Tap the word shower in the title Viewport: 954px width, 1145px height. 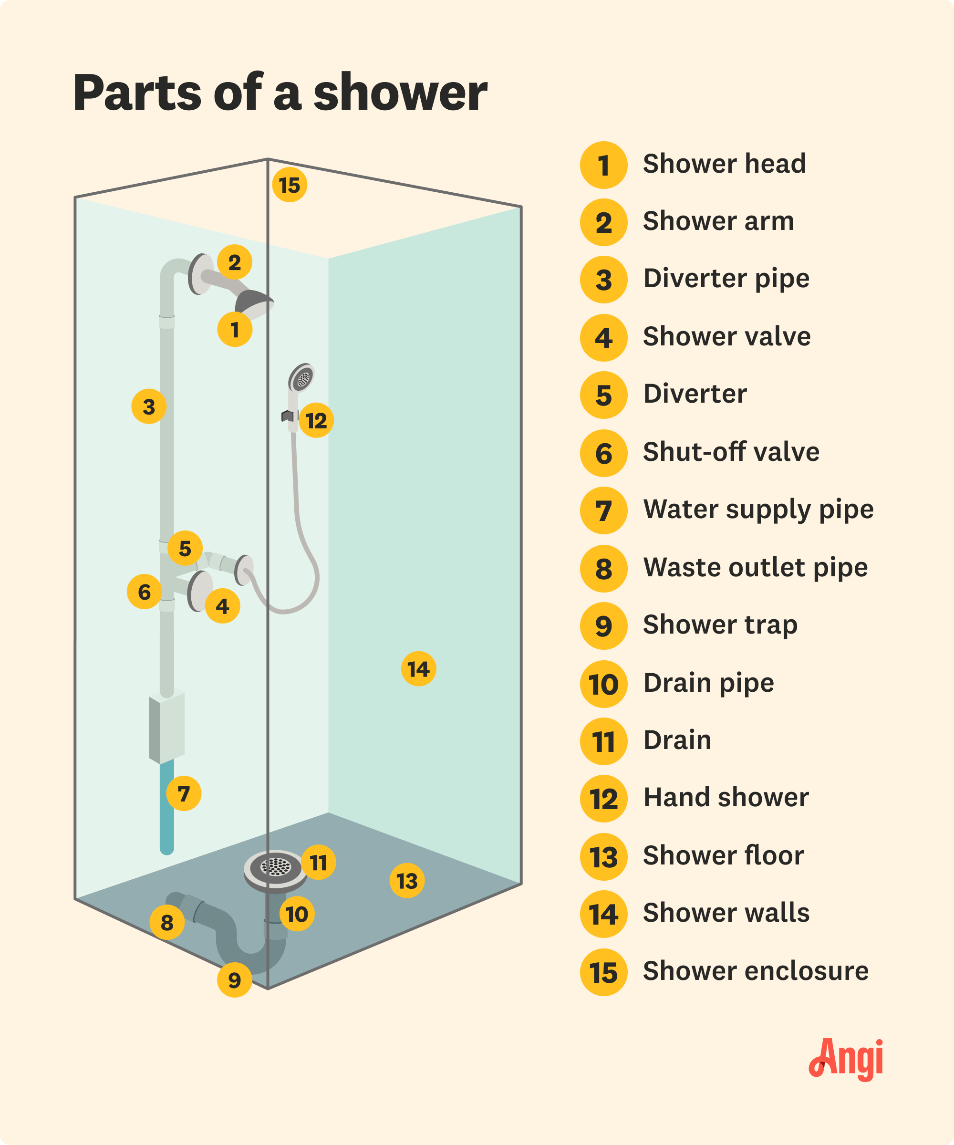click(400, 93)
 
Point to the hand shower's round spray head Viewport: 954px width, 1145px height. click(302, 378)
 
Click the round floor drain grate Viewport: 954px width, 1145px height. click(275, 866)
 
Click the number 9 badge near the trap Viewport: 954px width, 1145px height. click(234, 980)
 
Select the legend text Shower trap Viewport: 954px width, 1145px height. click(720, 625)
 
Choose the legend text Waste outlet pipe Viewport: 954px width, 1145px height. click(755, 568)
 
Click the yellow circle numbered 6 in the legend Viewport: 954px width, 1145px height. click(603, 453)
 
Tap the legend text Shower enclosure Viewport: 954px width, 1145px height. click(755, 971)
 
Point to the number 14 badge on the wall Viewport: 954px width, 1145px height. click(418, 668)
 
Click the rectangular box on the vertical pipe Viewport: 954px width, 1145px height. click(167, 728)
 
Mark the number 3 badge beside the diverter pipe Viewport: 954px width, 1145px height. click(149, 406)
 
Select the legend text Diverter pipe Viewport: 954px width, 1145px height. click(726, 279)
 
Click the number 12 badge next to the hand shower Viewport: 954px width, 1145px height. click(316, 420)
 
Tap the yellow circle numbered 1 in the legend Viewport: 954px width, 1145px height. click(603, 165)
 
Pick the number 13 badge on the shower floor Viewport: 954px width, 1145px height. click(407, 881)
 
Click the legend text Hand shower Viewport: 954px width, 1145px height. click(726, 798)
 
